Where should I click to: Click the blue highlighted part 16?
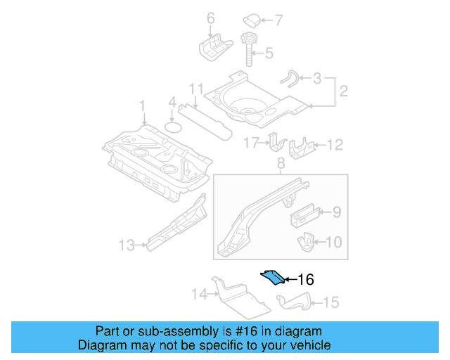tap(274, 278)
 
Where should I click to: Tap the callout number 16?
tap(305, 279)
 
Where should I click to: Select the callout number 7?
tap(279, 20)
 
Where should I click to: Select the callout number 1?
tap(142, 105)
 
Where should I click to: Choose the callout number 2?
tap(344, 91)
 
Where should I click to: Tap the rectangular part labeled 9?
tap(305, 212)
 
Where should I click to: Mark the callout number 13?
tap(127, 245)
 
